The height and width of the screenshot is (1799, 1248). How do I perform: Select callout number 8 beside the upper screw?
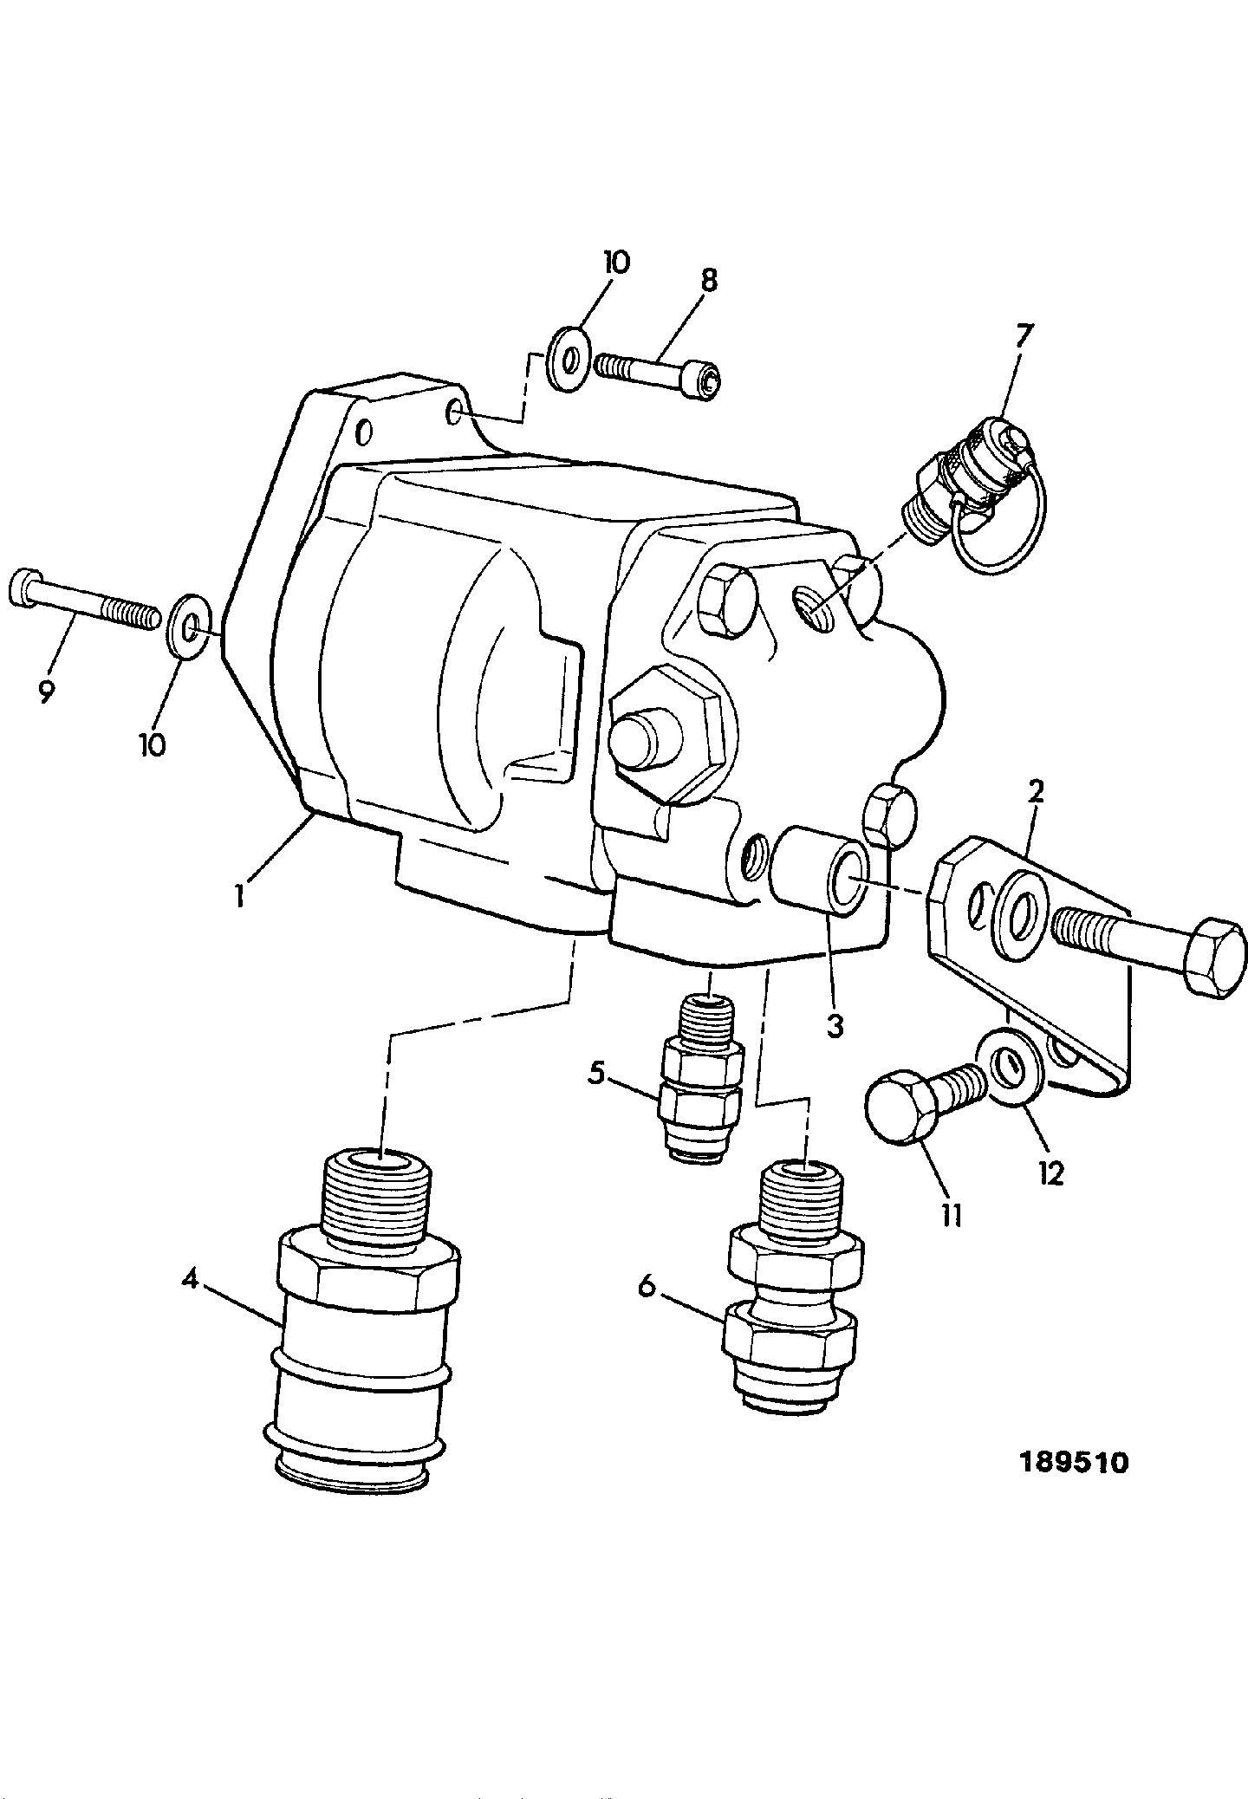tap(708, 280)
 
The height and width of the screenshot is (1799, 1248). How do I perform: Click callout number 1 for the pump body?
tap(239, 894)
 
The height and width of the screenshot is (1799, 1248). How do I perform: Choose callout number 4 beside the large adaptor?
tap(192, 1278)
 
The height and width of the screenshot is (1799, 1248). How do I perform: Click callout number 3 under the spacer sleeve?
tap(834, 1026)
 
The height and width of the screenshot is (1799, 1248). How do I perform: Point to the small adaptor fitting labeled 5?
tap(702, 1079)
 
